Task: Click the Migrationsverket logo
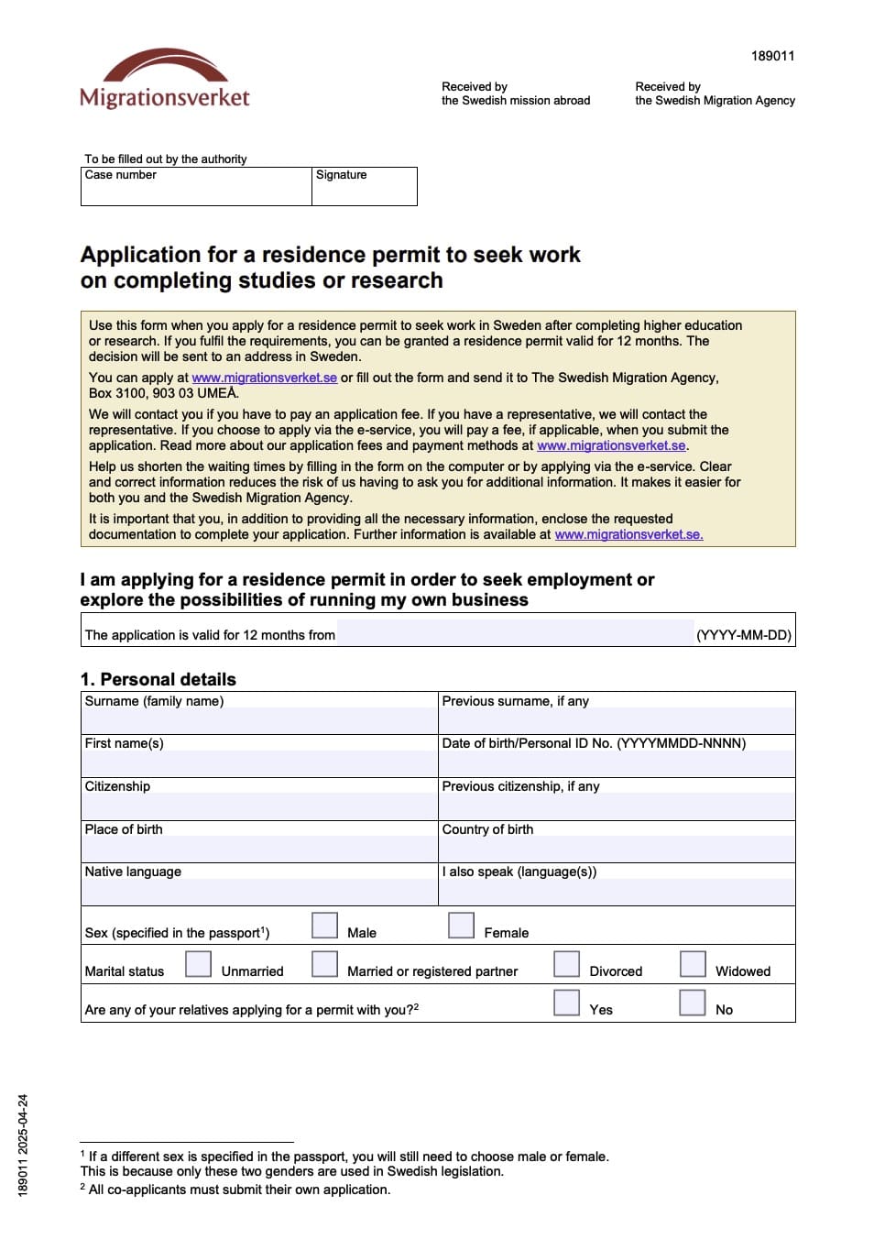[165, 79]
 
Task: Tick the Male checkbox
[324, 926]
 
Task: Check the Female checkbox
[461, 926]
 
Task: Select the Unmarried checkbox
[198, 964]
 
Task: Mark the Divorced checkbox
[566, 964]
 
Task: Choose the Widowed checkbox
[693, 964]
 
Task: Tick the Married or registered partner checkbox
[324, 964]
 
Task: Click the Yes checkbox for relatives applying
[566, 1003]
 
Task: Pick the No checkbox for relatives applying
[693, 1003]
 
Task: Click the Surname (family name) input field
[259, 720]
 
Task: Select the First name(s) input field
[259, 763]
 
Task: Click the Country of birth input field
[617, 849]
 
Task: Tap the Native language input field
[259, 892]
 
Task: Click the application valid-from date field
[515, 633]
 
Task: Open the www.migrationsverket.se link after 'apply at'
[264, 378]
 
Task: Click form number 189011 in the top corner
[772, 56]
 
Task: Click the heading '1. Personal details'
[158, 679]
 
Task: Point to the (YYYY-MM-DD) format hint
[743, 635]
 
